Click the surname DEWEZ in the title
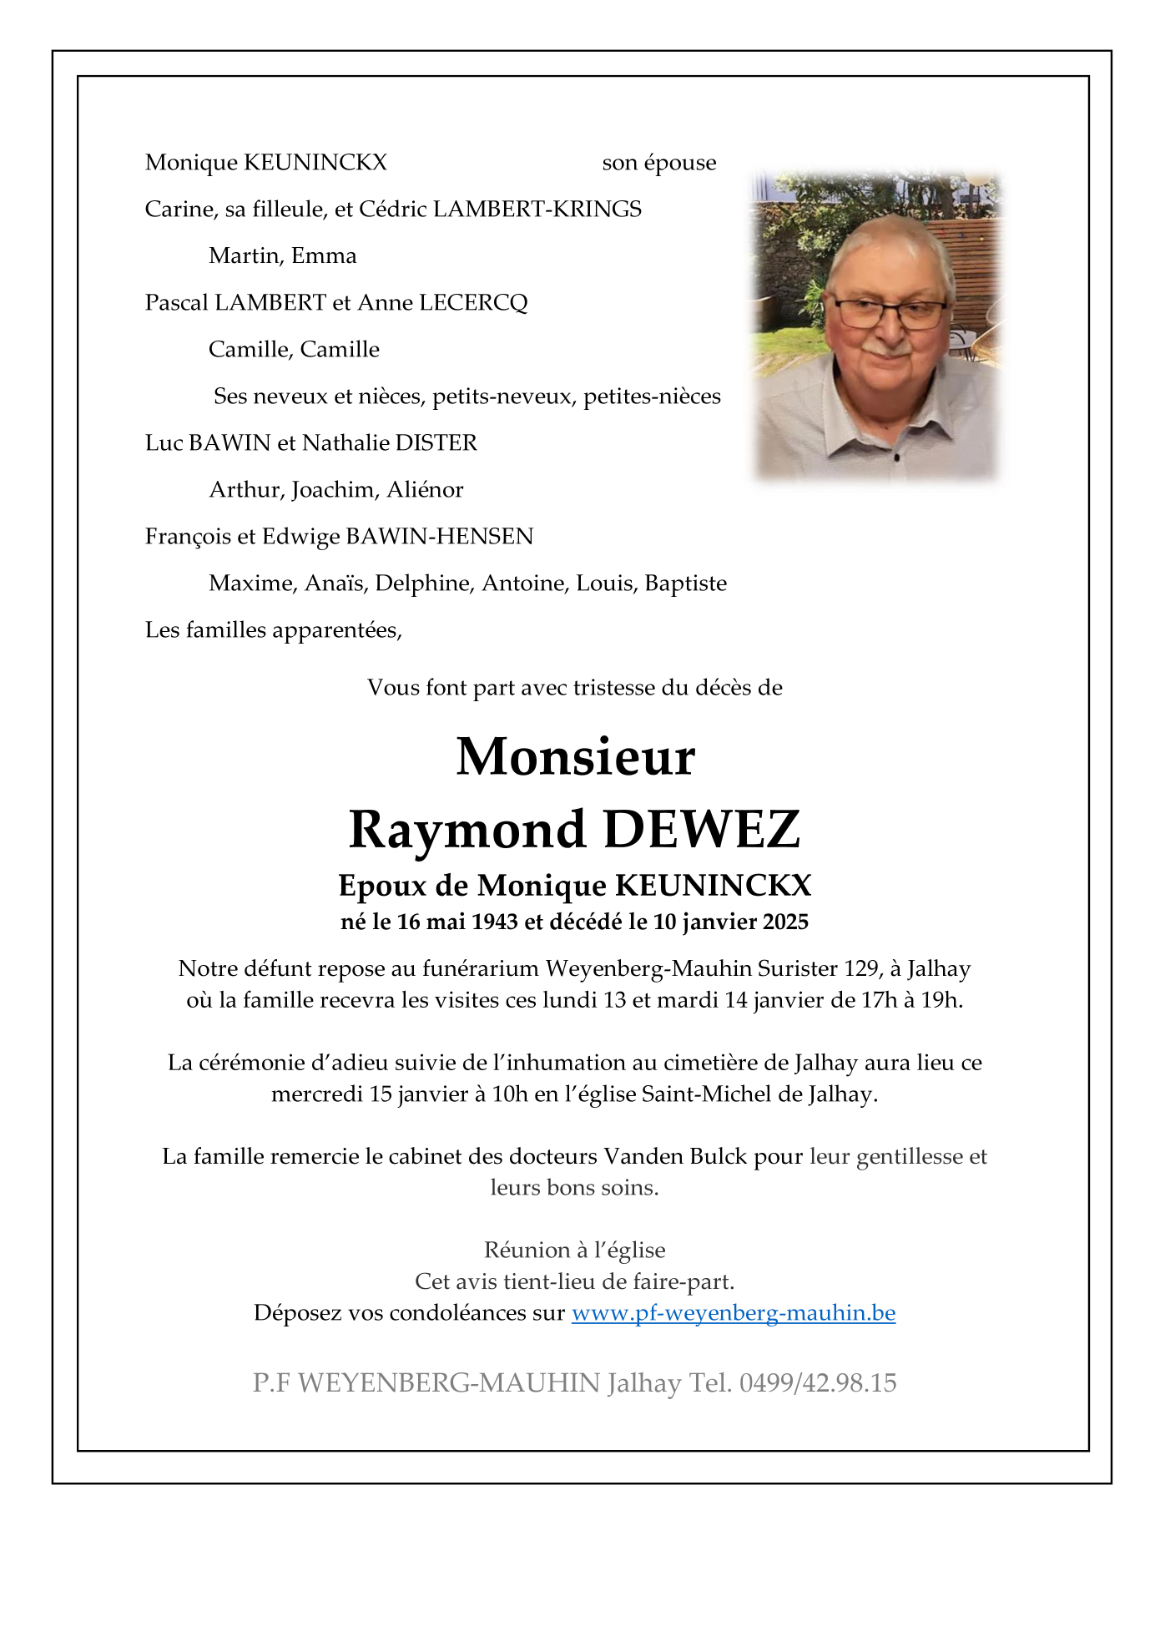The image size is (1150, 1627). [701, 830]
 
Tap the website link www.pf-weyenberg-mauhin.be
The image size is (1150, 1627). [733, 1313]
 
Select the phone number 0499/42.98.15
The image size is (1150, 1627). [818, 1383]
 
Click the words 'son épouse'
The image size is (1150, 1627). [658, 163]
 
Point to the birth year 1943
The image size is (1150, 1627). [494, 922]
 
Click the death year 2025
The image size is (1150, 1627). [785, 922]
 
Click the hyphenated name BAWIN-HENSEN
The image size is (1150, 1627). [439, 537]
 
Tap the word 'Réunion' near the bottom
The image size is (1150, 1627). [527, 1251]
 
